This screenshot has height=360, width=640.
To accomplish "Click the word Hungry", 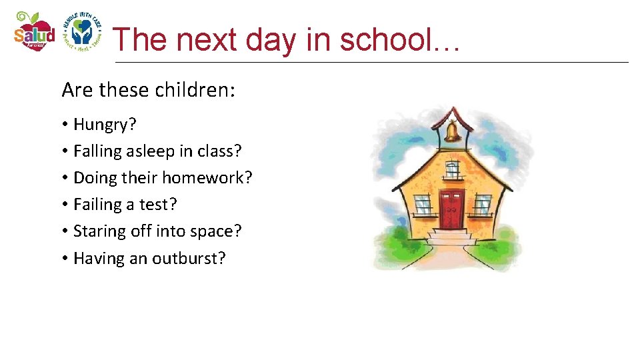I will [x=101, y=125].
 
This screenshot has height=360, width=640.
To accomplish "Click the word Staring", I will [x=97, y=231].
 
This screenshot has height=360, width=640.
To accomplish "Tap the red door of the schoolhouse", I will [x=451, y=209].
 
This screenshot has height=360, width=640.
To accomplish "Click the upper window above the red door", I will [x=453, y=169].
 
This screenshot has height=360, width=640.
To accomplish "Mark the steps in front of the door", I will [x=451, y=238].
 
